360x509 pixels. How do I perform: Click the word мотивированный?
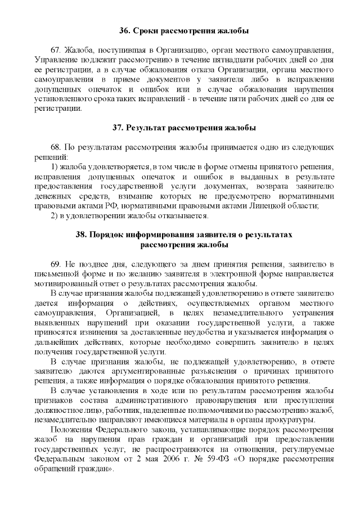coord(64,283)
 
